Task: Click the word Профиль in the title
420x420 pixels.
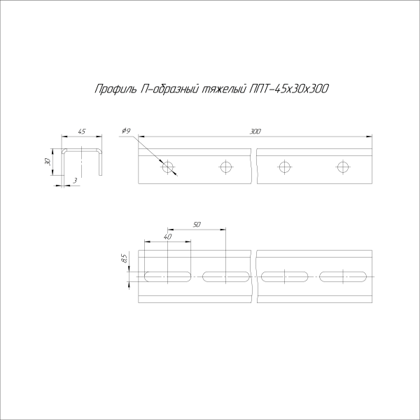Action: (x=111, y=89)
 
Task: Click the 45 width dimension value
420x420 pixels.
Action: (x=82, y=132)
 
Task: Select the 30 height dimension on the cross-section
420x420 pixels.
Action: (x=48, y=161)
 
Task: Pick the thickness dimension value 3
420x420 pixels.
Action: (x=75, y=181)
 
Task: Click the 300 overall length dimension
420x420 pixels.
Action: (x=255, y=132)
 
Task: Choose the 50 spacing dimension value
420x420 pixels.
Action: (x=197, y=224)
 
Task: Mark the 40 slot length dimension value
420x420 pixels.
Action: (x=167, y=237)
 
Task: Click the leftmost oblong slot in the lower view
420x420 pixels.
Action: (x=167, y=275)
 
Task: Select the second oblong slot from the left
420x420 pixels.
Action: (x=225, y=275)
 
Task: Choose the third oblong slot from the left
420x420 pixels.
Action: (x=284, y=275)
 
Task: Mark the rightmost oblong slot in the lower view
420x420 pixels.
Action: (x=342, y=275)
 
